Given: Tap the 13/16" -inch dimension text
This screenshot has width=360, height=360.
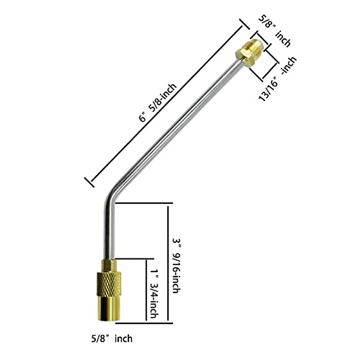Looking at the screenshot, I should [x=277, y=79].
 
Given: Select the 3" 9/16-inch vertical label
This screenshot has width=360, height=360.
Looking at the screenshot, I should [x=177, y=265].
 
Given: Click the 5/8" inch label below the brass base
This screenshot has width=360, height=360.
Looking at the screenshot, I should [x=111, y=339].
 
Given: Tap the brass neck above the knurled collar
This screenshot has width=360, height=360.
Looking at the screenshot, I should [x=108, y=265].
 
